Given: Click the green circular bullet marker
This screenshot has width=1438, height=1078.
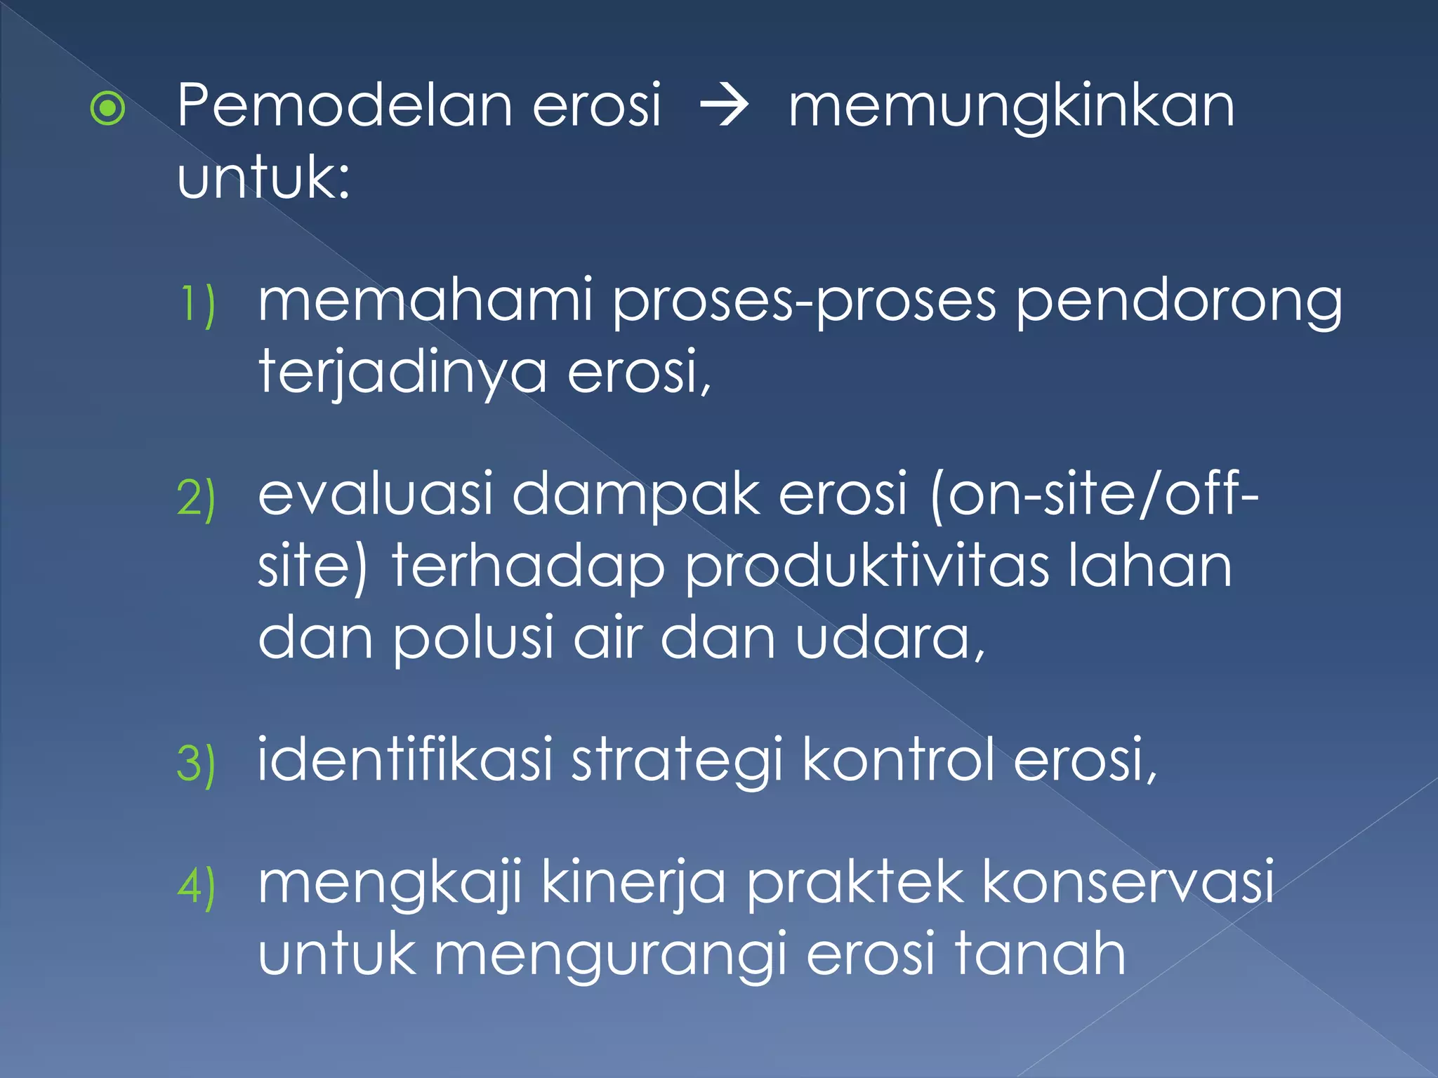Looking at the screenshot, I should pyautogui.click(x=108, y=108).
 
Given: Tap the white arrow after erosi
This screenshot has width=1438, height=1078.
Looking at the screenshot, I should pyautogui.click(x=725, y=107).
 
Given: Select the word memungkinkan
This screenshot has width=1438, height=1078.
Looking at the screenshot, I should pyautogui.click(x=1011, y=107).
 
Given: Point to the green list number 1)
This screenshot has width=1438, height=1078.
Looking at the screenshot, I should pyautogui.click(x=197, y=304).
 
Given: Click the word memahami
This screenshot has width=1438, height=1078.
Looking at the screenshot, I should pyautogui.click(x=426, y=300).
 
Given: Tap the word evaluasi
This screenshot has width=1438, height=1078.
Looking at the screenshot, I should pyautogui.click(x=376, y=494).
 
